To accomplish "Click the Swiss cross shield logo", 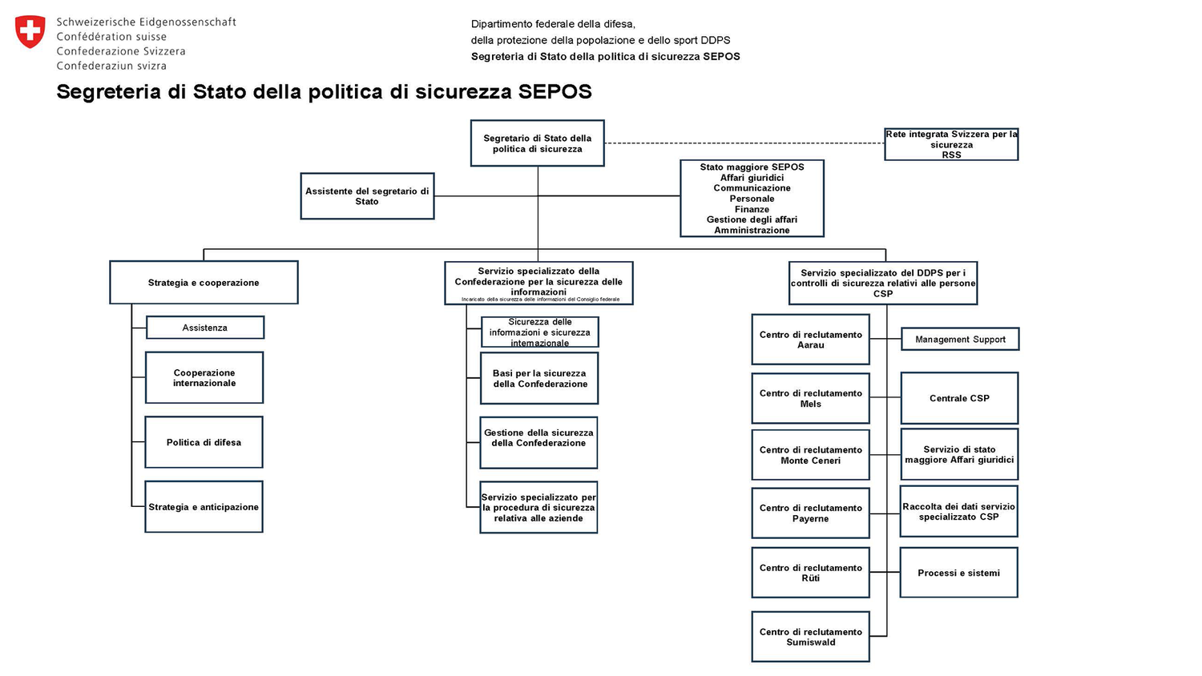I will [x=30, y=32].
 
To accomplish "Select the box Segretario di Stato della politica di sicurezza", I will [x=537, y=143].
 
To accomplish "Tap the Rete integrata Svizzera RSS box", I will [x=951, y=145].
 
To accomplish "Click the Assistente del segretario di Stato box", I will [x=367, y=196].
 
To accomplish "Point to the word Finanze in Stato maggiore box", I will [x=752, y=209].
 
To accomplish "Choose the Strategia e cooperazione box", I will [x=204, y=283].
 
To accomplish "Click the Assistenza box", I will [x=204, y=328].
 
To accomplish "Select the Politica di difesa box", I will [x=204, y=442].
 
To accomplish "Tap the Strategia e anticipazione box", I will [x=204, y=507].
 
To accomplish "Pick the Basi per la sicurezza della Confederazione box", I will [x=539, y=379].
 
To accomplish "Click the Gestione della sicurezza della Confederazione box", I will [x=538, y=442].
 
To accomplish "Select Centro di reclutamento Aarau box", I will [x=810, y=340].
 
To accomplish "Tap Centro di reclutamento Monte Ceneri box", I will [x=810, y=455].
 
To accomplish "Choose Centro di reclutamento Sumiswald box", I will [x=810, y=637].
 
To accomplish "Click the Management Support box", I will [x=960, y=340].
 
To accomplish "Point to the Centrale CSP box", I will [x=959, y=398].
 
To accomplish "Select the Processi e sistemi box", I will [x=958, y=573].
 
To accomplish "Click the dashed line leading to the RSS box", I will [x=745, y=143].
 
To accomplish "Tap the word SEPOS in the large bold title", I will [x=555, y=91].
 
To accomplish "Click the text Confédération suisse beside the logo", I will [x=111, y=37].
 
